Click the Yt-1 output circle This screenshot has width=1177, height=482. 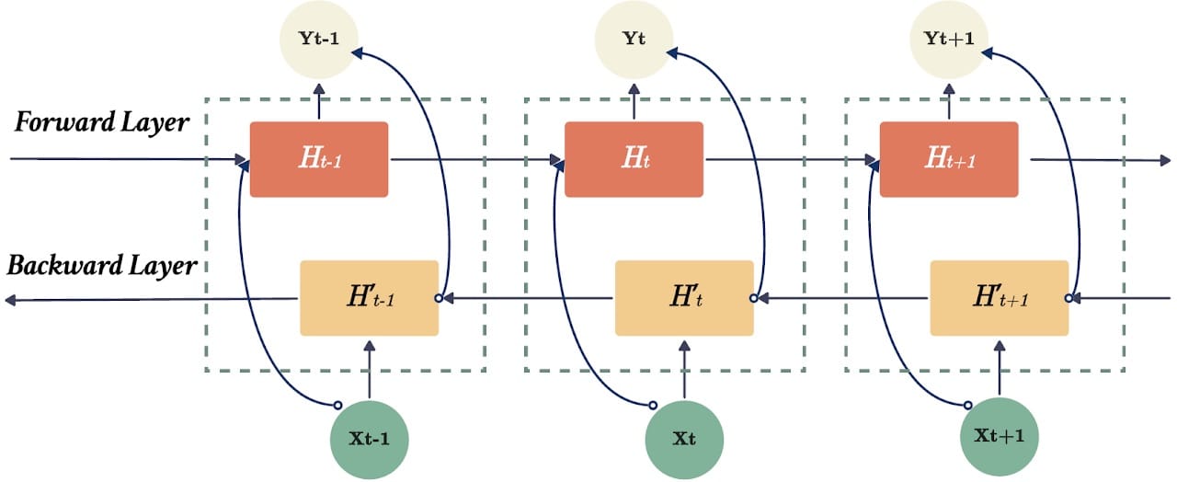click(319, 40)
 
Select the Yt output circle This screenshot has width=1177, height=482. click(634, 40)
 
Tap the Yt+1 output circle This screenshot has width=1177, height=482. click(949, 40)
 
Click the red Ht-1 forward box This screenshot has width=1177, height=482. click(319, 159)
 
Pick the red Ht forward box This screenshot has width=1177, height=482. click(634, 159)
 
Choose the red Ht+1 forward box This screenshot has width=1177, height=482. click(949, 159)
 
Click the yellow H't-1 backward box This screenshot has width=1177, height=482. click(370, 298)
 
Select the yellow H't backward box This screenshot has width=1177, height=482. click(684, 298)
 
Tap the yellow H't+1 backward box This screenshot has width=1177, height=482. click(1000, 298)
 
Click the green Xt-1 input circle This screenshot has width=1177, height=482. click(370, 440)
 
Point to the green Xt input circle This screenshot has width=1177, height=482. click(684, 440)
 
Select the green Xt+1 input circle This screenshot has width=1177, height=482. click(1000, 436)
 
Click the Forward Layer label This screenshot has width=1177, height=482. click(101, 122)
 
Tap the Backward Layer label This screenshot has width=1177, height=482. click(102, 266)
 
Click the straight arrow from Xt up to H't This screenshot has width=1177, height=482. click(684, 370)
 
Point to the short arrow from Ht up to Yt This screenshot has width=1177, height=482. click(634, 101)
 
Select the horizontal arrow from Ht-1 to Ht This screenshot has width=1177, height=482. click(476, 159)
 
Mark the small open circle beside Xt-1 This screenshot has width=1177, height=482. click(337, 406)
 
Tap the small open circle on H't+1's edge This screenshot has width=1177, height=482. click(1068, 298)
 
